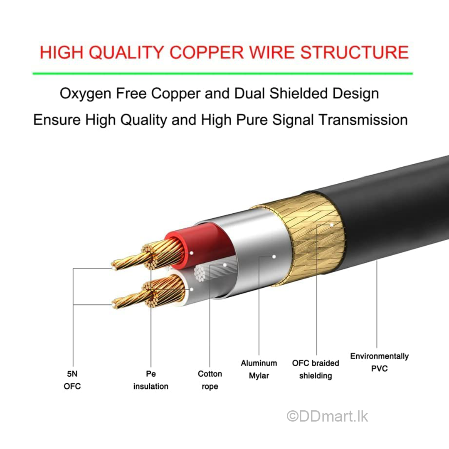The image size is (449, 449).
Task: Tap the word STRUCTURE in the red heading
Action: point(354,53)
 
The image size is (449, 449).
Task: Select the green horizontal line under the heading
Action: point(222,74)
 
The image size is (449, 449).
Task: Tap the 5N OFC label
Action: point(72,380)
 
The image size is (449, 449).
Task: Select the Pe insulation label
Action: point(150,380)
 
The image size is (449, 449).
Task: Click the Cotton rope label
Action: point(210,380)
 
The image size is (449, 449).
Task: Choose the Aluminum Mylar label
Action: point(259,369)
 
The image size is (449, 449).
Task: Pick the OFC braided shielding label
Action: point(316,369)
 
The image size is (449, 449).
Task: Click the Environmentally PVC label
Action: point(379,362)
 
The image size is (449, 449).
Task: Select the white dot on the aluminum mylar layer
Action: point(274,257)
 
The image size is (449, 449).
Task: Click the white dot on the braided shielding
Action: point(332,224)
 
